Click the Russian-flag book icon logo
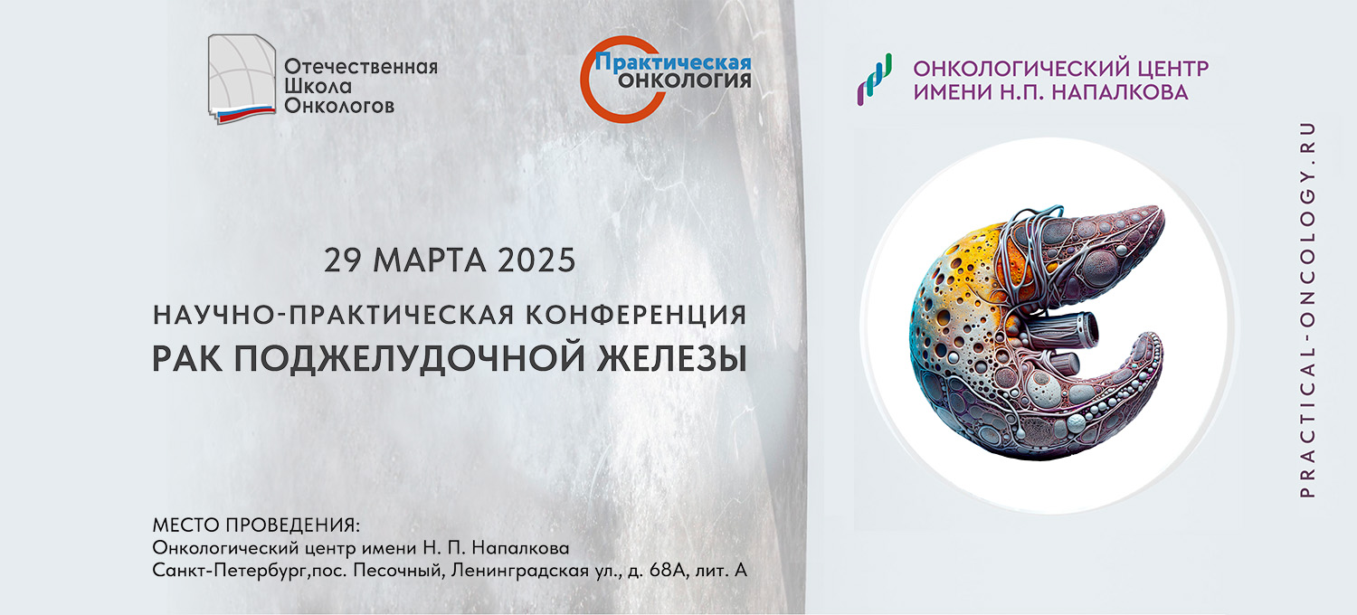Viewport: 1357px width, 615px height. point(242,79)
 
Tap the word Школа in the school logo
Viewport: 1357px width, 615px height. point(318,86)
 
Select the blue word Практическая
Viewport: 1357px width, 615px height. point(673,62)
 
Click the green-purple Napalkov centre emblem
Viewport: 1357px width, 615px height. point(874,80)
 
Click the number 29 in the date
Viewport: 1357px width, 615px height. point(343,260)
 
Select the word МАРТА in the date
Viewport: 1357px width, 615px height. point(430,260)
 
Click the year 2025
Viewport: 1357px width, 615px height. point(536,260)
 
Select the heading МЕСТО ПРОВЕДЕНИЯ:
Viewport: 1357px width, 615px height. point(256,525)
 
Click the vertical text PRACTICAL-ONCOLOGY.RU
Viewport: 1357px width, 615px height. point(1308,309)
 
